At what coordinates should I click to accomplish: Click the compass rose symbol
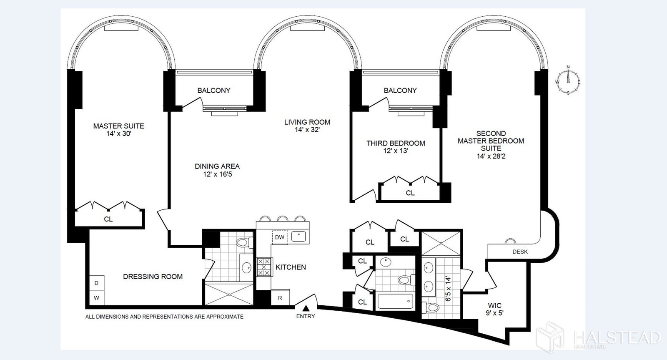[x=568, y=81]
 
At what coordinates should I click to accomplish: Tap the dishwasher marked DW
[x=280, y=237]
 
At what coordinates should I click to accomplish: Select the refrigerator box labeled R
[x=280, y=298]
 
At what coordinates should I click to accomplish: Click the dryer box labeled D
[x=97, y=283]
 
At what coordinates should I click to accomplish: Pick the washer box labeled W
[x=97, y=298]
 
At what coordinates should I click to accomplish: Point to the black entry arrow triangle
[x=306, y=308]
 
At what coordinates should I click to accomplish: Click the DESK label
[x=520, y=252]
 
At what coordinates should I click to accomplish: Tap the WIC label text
[x=494, y=305]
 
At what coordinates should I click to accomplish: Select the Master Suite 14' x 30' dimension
[x=119, y=133]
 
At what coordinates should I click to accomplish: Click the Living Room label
[x=307, y=122]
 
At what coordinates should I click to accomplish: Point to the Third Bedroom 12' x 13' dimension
[x=396, y=151]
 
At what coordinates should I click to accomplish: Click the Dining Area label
[x=217, y=166]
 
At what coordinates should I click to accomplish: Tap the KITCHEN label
[x=291, y=267]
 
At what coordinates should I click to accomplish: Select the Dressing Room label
[x=153, y=277]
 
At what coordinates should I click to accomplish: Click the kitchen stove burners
[x=264, y=267]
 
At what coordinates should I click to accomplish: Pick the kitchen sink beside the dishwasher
[x=298, y=237]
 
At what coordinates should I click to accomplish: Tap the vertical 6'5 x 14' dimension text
[x=448, y=289]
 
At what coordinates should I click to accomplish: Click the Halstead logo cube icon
[x=550, y=337]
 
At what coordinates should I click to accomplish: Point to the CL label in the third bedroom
[x=410, y=193]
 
